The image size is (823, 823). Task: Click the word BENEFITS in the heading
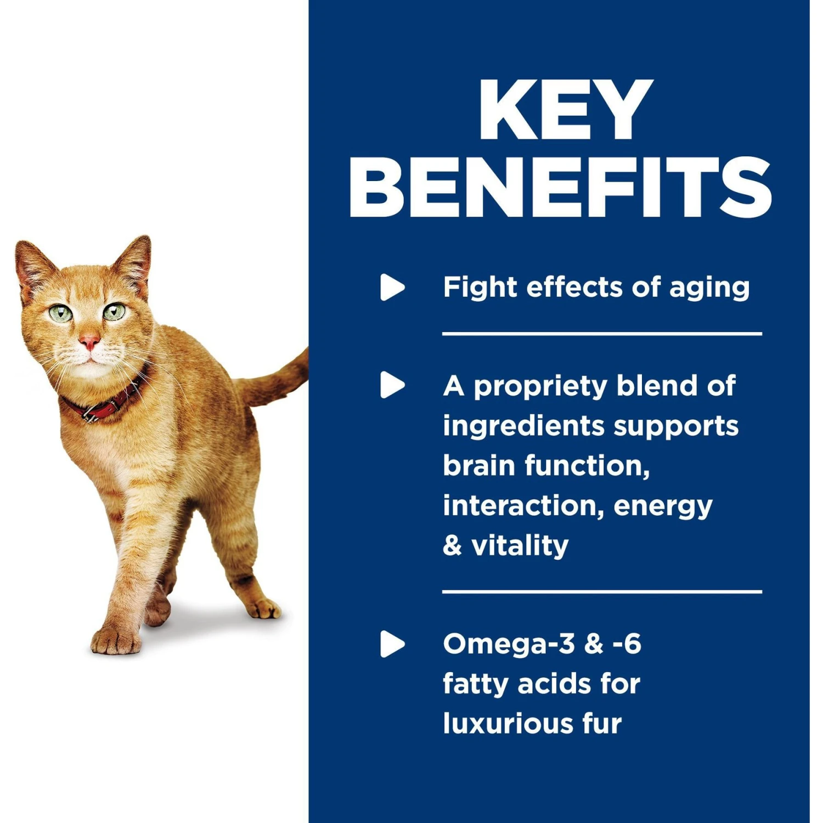tap(560, 187)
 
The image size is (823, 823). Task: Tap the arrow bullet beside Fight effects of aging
tap(392, 287)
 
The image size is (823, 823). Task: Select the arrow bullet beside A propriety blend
tap(392, 385)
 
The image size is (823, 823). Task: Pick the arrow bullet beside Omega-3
tap(392, 644)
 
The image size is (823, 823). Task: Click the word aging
tap(709, 289)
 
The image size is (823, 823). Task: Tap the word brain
tap(478, 465)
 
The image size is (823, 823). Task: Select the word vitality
tap(520, 546)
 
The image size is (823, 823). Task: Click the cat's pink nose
tap(89, 343)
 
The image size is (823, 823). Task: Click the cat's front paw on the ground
tap(116, 640)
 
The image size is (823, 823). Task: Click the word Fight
tap(480, 288)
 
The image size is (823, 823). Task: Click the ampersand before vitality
tap(452, 546)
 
